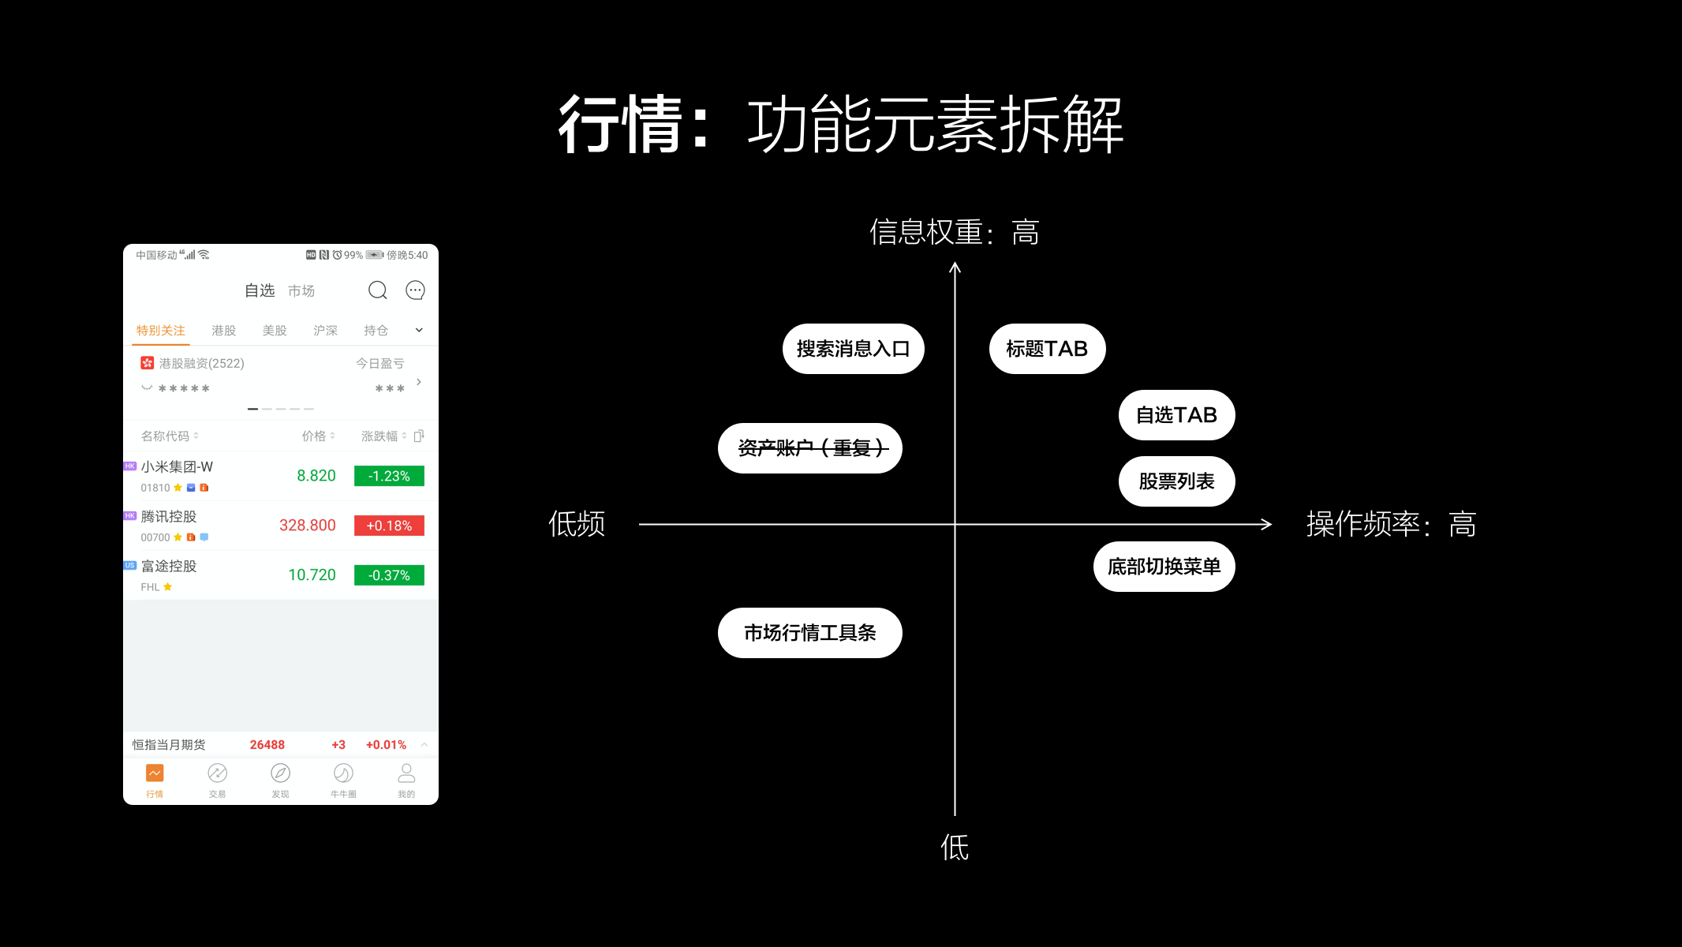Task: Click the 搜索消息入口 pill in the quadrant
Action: [x=853, y=349]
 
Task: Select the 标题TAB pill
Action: [x=1047, y=349]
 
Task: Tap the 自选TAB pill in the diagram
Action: [x=1176, y=415]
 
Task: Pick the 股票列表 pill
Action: [x=1176, y=481]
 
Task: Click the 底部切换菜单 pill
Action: [x=1164, y=567]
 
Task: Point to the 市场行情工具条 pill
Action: [x=809, y=633]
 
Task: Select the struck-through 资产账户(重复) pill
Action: [x=809, y=448]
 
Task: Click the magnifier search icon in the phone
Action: [x=378, y=290]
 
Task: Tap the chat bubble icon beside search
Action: [x=415, y=290]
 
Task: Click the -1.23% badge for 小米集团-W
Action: [x=389, y=476]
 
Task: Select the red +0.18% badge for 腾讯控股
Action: [x=389, y=526]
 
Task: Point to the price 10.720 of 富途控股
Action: [x=312, y=575]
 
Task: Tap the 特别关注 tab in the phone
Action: [x=160, y=331]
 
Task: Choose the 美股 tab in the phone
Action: [x=274, y=331]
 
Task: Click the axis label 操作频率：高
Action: [x=1390, y=524]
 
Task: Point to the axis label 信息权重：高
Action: [x=954, y=233]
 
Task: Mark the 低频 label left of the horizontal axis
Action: [x=577, y=524]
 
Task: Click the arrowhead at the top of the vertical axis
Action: [x=955, y=268]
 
